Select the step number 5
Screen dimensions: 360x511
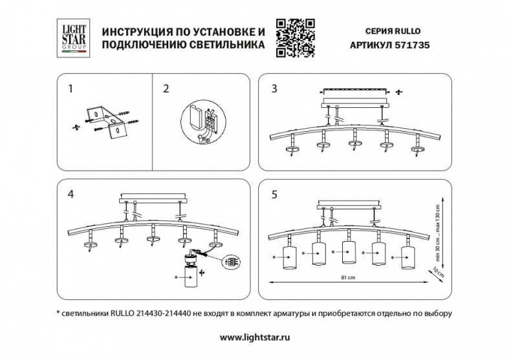(274, 193)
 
